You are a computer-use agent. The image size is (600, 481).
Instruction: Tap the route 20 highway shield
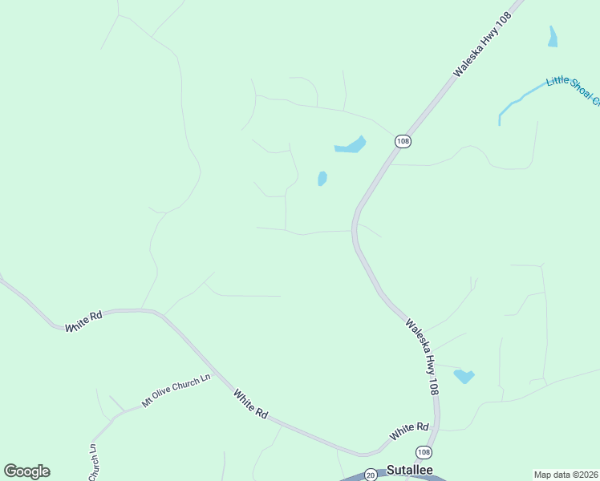click(371, 475)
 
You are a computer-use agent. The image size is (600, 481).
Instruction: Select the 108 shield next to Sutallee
click(424, 453)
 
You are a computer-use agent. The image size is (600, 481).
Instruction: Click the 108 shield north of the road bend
click(403, 141)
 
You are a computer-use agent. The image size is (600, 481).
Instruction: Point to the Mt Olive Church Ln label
click(176, 390)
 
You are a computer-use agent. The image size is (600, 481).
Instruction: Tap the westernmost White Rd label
click(84, 321)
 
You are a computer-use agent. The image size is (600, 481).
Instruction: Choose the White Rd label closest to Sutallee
click(409, 431)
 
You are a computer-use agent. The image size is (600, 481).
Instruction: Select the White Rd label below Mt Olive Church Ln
click(250, 403)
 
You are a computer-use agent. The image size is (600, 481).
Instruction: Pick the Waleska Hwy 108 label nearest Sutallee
click(423, 357)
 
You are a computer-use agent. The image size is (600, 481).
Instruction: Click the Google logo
click(26, 471)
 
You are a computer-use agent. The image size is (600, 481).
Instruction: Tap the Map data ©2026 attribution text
click(566, 474)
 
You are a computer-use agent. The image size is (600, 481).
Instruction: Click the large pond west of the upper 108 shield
click(351, 145)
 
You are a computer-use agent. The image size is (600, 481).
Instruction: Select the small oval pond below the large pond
click(322, 178)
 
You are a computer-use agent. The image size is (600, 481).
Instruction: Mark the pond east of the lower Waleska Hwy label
click(464, 375)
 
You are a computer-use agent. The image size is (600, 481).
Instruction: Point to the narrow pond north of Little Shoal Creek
click(553, 36)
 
